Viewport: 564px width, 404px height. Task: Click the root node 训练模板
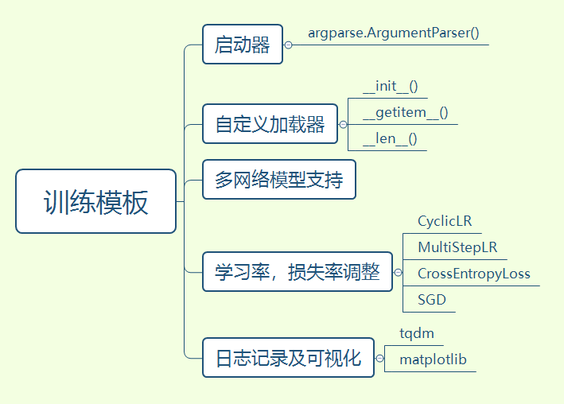coord(95,201)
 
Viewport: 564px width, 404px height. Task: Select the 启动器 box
coord(242,45)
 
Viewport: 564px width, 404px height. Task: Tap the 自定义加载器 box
coord(270,124)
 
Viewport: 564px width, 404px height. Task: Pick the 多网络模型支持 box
coord(278,180)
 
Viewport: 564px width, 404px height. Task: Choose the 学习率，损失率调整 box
coord(297,272)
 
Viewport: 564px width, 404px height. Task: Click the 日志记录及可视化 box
coord(288,358)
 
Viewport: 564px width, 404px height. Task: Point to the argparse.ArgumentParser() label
coord(393,34)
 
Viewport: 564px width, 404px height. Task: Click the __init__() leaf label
coord(391,86)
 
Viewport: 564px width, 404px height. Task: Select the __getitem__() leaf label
coord(405,112)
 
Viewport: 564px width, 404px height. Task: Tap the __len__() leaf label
coord(390,138)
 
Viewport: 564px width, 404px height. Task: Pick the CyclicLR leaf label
coord(445,221)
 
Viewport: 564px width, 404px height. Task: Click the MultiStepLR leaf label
coord(457,247)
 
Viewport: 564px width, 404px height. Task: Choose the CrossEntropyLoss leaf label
coord(473,274)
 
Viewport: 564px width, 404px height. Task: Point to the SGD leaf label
coord(432,300)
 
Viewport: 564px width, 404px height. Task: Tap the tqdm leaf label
coord(417,333)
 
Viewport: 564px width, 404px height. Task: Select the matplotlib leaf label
coord(433,359)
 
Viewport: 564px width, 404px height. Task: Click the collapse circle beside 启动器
coord(288,45)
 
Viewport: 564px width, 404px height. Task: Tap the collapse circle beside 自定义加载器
coord(343,125)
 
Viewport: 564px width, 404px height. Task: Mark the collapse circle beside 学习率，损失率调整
coord(398,273)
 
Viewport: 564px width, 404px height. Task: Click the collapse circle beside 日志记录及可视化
coord(379,359)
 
